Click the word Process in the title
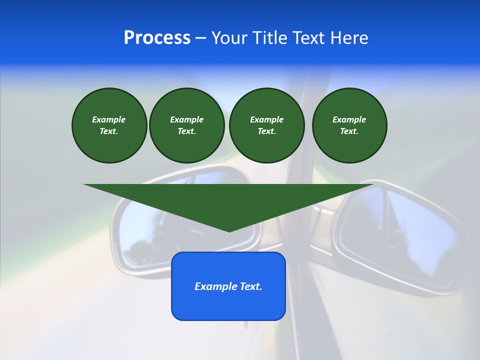point(157,38)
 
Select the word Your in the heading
point(229,38)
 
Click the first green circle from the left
point(109,125)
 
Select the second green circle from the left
point(186,125)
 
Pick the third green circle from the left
point(266,125)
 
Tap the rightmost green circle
point(349,125)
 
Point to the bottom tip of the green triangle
point(229,231)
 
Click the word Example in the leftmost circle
point(109,119)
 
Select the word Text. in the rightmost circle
point(349,131)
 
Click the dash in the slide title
point(200,38)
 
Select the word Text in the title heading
point(305,38)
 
